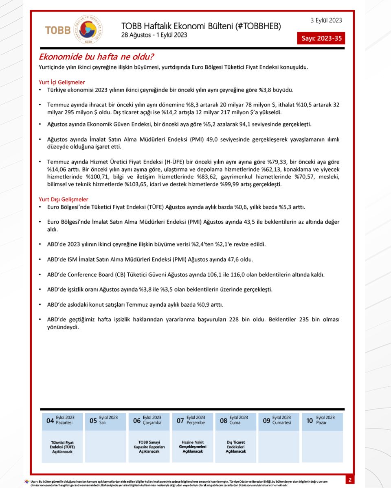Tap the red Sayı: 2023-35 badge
point(321,39)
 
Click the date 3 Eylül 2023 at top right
point(326,20)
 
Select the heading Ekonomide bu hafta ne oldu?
point(96,57)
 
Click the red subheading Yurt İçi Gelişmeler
point(62,83)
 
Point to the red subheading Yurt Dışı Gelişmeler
point(63,199)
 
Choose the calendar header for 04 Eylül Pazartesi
point(62,420)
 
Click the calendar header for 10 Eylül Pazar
point(322,420)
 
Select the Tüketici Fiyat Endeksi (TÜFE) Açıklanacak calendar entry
point(62,447)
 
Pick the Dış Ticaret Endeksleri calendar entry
point(236,447)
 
